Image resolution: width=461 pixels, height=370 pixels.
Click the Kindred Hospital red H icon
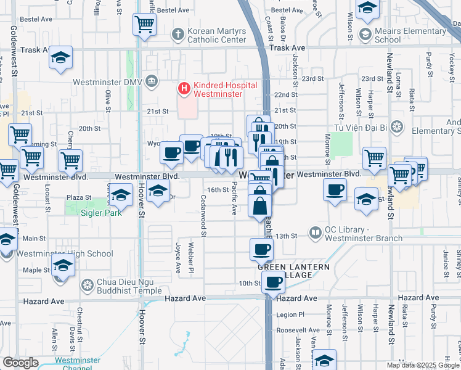tap(184, 89)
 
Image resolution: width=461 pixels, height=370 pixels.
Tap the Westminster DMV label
tap(108, 82)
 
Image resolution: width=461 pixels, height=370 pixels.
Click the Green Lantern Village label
tap(293, 271)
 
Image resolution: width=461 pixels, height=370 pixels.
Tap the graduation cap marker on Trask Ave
tap(60, 57)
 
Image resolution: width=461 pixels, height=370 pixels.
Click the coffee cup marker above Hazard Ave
tap(273, 282)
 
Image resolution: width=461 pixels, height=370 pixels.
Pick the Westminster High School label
tap(65, 253)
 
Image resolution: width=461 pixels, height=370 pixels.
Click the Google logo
tap(20, 363)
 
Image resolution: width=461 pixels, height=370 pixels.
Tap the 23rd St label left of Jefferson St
tap(312, 79)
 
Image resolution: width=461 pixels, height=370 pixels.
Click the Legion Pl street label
tap(290, 314)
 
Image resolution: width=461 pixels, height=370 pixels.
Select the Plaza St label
tap(79, 198)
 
